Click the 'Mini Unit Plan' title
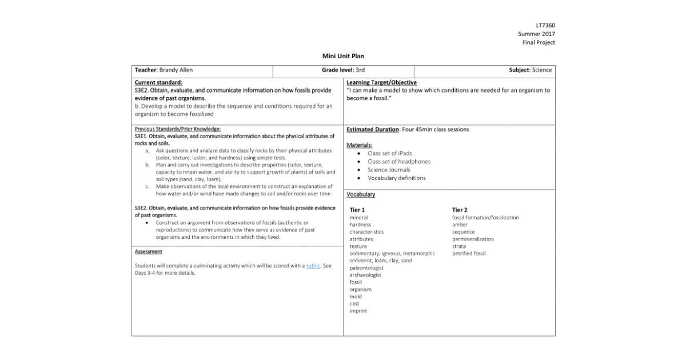343,56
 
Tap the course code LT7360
545,26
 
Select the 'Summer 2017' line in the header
536,34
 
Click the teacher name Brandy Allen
176,70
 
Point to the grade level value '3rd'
360,70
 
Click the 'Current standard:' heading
158,83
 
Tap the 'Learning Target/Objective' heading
381,83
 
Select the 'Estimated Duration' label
373,130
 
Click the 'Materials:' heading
360,145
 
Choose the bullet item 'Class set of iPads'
389,153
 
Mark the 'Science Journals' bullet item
389,170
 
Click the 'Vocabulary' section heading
361,194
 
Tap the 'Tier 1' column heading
357,210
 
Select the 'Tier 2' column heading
460,210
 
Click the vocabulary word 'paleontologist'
366,268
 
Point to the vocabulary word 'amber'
460,225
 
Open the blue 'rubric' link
313,266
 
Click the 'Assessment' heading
148,251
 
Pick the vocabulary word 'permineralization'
473,239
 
